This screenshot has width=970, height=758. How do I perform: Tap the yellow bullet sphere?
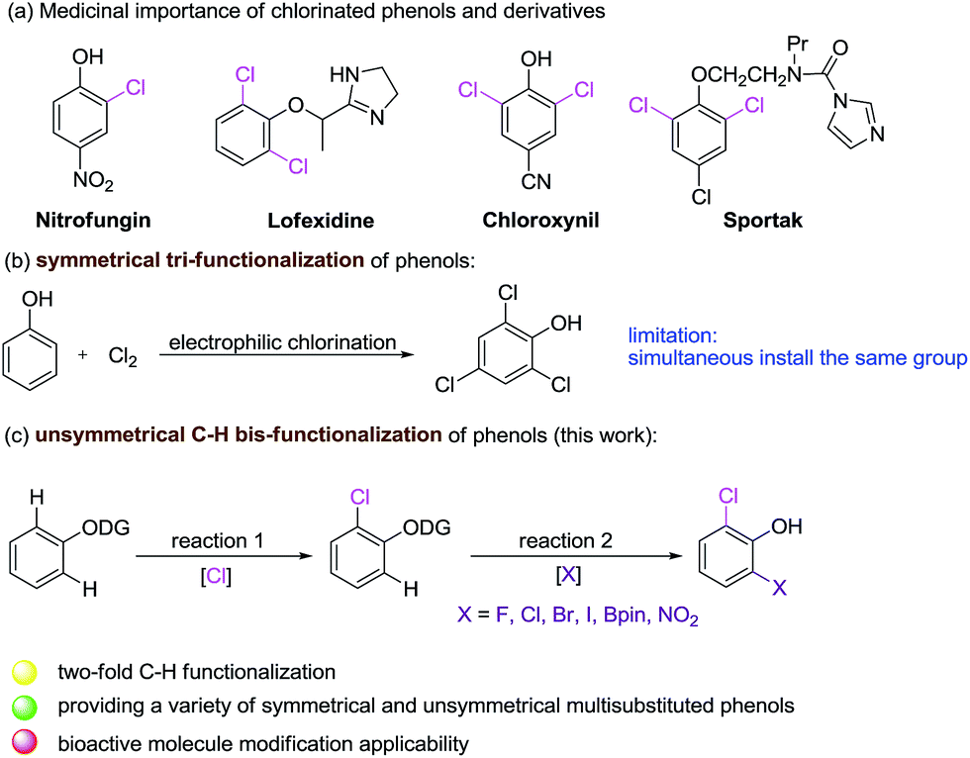pos(26,672)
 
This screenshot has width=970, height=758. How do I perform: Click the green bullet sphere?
pos(26,707)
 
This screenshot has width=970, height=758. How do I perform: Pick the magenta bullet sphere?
pos(26,741)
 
